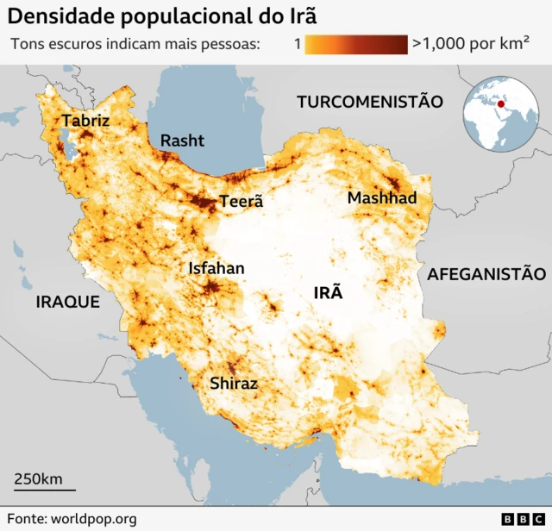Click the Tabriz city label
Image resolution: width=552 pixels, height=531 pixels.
pyautogui.click(x=85, y=121)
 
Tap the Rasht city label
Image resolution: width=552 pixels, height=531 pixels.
pyautogui.click(x=182, y=140)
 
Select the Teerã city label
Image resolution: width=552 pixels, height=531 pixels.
pyautogui.click(x=241, y=202)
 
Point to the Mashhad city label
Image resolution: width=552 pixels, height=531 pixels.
pyautogui.click(x=381, y=198)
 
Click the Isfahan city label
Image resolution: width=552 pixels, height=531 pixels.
pyautogui.click(x=216, y=268)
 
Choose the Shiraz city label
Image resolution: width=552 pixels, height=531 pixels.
pyautogui.click(x=234, y=384)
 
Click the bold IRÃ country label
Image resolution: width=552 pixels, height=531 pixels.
pyautogui.click(x=328, y=292)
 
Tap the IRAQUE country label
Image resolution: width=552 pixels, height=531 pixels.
pyautogui.click(x=67, y=303)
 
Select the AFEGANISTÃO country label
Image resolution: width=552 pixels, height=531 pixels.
pyautogui.click(x=486, y=274)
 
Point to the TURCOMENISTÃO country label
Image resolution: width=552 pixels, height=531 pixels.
pyautogui.click(x=370, y=102)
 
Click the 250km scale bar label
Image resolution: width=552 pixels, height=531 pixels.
pyautogui.click(x=38, y=478)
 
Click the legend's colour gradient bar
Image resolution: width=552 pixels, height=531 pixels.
pyautogui.click(x=356, y=44)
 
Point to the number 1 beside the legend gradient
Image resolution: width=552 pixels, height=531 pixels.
pyautogui.click(x=296, y=44)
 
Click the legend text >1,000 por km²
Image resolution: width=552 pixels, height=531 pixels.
pyautogui.click(x=471, y=44)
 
